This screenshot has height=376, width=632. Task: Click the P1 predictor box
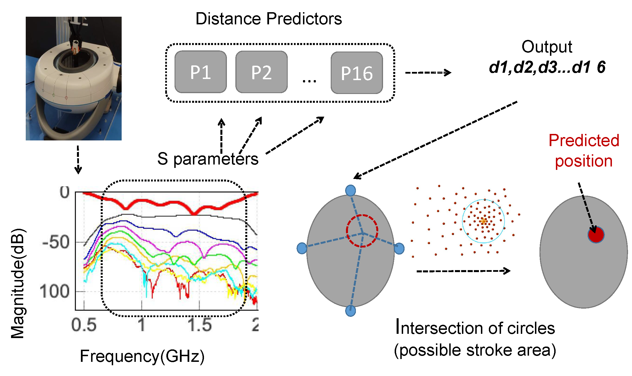(201, 72)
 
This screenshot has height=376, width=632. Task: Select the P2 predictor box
(261, 72)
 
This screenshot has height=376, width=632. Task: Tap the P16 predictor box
(357, 73)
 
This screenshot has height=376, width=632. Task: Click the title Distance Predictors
(268, 19)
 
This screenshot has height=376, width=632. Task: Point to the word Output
(547, 47)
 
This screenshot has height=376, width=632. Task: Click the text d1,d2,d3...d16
(547, 67)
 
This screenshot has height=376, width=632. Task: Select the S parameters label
(208, 159)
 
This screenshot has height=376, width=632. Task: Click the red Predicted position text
(584, 151)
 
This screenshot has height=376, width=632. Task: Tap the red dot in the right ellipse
(596, 235)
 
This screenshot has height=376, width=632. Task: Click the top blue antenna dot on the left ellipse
(351, 191)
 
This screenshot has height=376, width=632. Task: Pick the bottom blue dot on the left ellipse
(351, 311)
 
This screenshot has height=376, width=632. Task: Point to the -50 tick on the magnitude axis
(56, 242)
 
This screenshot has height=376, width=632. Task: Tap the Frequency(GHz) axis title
(142, 356)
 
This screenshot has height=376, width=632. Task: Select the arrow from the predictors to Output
(428, 73)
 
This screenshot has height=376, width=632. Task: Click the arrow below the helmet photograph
(78, 160)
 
